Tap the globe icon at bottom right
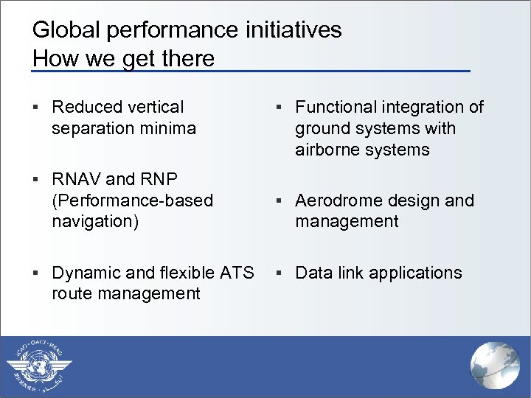tap(495, 366)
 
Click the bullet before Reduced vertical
tap(37, 108)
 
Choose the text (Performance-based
tap(132, 200)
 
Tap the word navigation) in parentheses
tap(95, 221)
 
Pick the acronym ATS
tap(237, 273)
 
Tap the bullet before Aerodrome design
tap(280, 201)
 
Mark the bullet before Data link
tap(280, 273)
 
